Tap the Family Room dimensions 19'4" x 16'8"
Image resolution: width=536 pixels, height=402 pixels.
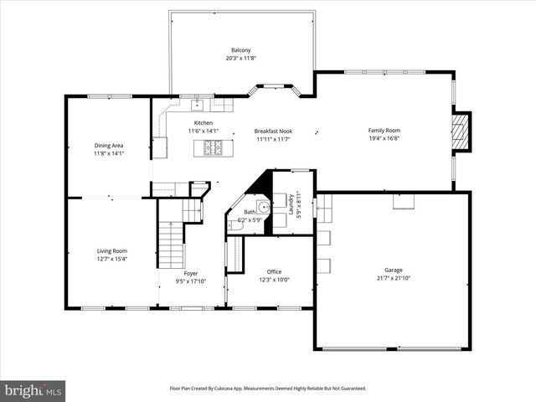(385, 139)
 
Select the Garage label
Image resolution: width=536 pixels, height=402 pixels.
(394, 270)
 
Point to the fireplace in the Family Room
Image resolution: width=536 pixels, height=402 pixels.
(460, 130)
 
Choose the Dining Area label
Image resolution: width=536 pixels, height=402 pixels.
(109, 146)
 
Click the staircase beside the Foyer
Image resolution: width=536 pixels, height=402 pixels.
(170, 243)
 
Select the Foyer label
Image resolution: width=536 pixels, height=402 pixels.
(191, 273)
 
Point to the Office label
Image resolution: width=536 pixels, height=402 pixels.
(274, 271)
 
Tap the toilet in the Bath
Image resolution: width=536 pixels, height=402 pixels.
(236, 225)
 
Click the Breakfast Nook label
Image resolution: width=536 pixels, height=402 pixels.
(272, 131)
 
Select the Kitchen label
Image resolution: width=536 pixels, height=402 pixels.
(203, 122)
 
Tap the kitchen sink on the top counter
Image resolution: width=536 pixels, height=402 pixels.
(198, 106)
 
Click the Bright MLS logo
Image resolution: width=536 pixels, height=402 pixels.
(33, 389)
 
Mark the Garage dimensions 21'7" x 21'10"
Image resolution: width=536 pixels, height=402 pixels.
(393, 278)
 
